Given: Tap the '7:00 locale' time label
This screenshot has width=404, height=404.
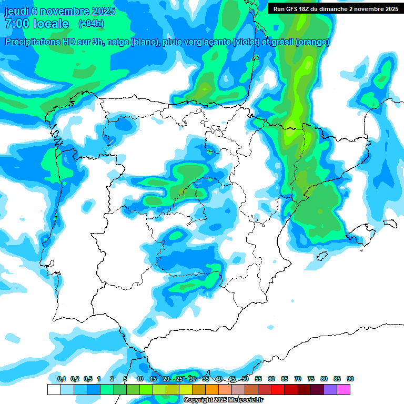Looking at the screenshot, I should [37, 24].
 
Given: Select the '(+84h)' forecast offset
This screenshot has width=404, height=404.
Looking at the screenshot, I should [91, 23].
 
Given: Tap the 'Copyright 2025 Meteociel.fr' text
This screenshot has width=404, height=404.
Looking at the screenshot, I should [223, 400].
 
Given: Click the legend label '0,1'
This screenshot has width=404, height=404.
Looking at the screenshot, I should [62, 379].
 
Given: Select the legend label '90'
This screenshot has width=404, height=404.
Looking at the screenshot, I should [350, 379].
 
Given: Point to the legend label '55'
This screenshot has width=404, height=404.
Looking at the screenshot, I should [258, 379].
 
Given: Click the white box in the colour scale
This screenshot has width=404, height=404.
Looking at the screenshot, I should [54, 389].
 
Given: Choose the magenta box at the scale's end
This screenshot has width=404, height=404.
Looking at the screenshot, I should [344, 389].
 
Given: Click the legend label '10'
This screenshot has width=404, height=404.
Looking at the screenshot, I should [140, 379].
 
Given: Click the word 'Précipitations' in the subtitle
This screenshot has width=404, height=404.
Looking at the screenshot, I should [35, 42].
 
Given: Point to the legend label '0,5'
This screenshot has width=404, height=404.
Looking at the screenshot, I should [88, 379].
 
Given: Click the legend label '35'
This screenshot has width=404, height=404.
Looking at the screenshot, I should [206, 379].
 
